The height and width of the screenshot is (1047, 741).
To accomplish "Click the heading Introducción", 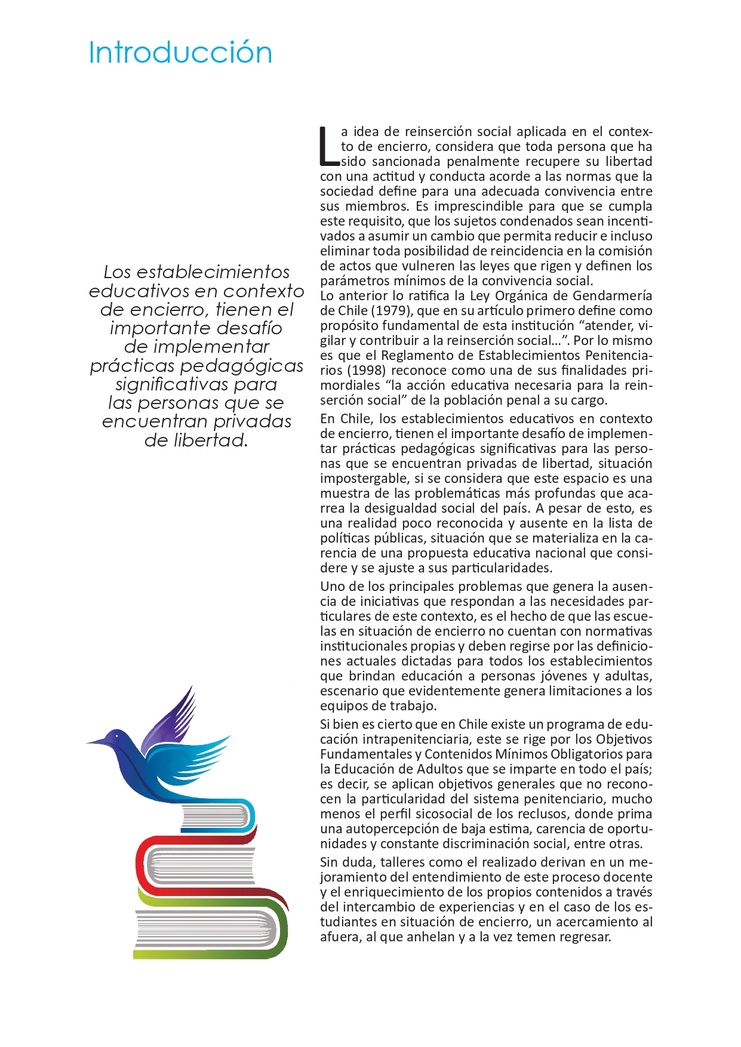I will [x=180, y=53].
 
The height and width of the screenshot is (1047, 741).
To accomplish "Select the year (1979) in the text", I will [x=391, y=310].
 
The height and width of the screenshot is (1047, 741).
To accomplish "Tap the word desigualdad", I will [x=399, y=508].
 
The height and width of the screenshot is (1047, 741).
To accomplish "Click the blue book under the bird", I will [x=218, y=815].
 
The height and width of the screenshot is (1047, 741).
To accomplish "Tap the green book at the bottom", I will [x=209, y=931].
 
